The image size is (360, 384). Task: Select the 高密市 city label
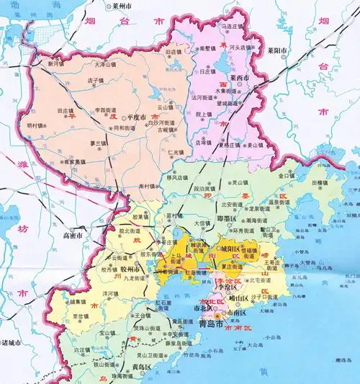(73, 235)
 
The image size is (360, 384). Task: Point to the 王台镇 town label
(143, 316)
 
